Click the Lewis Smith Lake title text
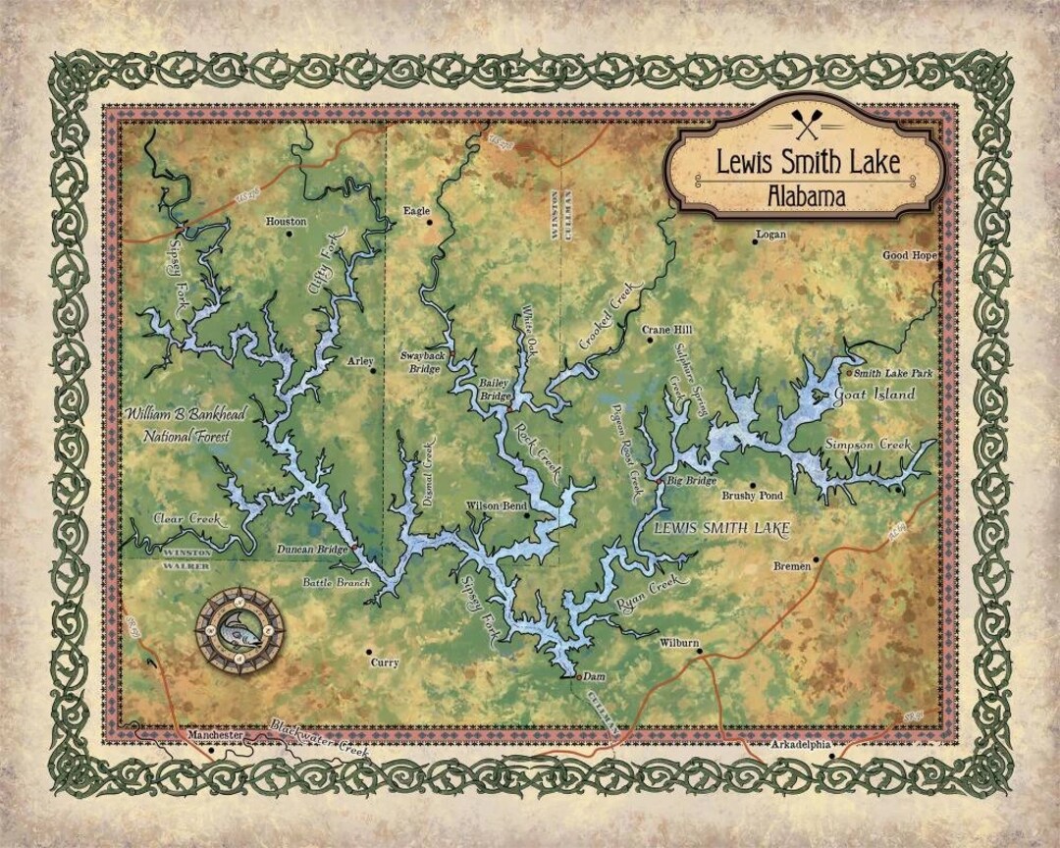807,161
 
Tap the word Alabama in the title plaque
807,195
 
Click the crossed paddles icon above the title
807,126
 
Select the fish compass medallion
239,629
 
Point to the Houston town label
287,222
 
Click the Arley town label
360,361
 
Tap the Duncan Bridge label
312,550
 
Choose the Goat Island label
874,395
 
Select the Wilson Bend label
496,504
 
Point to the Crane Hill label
667,330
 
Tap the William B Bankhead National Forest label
177,425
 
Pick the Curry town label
384,662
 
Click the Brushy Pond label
753,497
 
